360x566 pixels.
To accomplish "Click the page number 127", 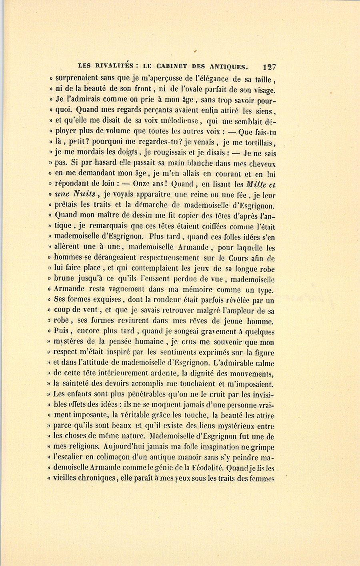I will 269,67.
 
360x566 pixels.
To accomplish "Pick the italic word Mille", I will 256,185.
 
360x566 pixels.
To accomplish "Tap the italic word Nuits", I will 84,195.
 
